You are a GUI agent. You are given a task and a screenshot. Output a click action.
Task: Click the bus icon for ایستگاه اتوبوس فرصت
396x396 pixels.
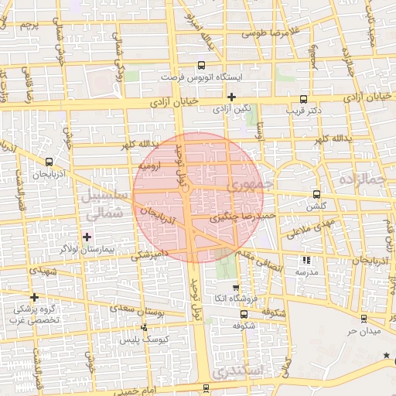click(x=202, y=66)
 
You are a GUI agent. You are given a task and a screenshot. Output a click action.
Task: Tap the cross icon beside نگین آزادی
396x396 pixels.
click(x=231, y=97)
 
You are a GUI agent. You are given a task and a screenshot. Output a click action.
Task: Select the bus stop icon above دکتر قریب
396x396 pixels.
click(x=303, y=99)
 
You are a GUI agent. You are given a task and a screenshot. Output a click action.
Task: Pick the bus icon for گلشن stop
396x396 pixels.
click(x=316, y=194)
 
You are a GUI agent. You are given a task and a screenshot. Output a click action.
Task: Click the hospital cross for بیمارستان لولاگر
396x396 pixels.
click(x=87, y=236)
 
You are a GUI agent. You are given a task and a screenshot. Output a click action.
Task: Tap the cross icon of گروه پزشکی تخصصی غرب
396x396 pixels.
click(x=34, y=297)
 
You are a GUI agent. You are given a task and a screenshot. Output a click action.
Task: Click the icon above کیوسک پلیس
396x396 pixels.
click(x=145, y=327)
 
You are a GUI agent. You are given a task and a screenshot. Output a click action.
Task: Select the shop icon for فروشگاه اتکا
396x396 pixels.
click(x=236, y=288)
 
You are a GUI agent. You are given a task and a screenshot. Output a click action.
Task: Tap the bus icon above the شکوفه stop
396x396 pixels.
click(x=244, y=315)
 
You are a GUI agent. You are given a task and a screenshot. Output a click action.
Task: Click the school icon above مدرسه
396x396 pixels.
click(x=306, y=261)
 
